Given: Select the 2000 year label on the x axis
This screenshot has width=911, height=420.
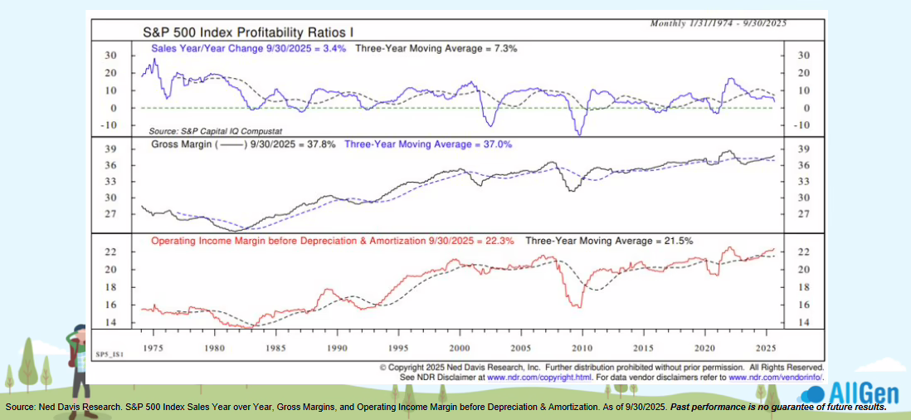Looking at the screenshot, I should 460,348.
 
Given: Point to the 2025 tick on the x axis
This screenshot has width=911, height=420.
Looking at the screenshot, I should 766,348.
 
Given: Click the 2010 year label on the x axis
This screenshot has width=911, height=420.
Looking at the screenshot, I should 582,348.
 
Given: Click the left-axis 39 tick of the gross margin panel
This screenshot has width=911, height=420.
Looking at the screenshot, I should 111,149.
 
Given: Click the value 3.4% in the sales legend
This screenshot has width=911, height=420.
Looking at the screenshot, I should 334,49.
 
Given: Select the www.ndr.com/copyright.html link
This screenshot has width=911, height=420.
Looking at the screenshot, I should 539,376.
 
